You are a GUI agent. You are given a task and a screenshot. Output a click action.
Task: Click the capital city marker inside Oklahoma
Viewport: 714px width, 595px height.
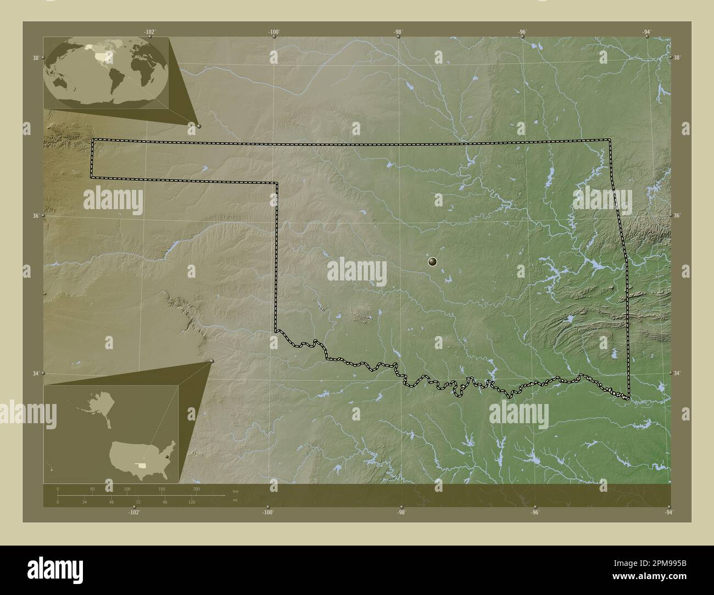[x=433, y=262]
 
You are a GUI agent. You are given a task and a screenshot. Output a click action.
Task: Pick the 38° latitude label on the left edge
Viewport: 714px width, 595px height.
[x=35, y=58]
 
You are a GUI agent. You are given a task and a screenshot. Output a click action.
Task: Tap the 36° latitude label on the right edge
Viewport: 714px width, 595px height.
[x=677, y=216]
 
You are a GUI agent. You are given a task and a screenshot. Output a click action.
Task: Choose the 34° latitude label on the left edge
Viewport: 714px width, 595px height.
[x=35, y=373]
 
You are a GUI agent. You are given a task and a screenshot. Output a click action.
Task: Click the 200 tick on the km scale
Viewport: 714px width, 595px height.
[x=196, y=489]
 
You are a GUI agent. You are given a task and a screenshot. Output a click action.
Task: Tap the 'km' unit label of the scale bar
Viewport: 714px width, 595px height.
[x=235, y=491]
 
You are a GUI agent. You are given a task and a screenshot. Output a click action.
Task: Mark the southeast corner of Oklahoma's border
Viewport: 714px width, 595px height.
[x=629, y=397]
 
